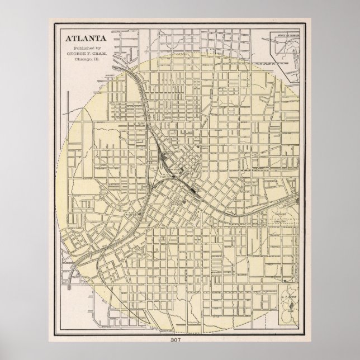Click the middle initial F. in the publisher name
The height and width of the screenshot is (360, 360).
88,55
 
